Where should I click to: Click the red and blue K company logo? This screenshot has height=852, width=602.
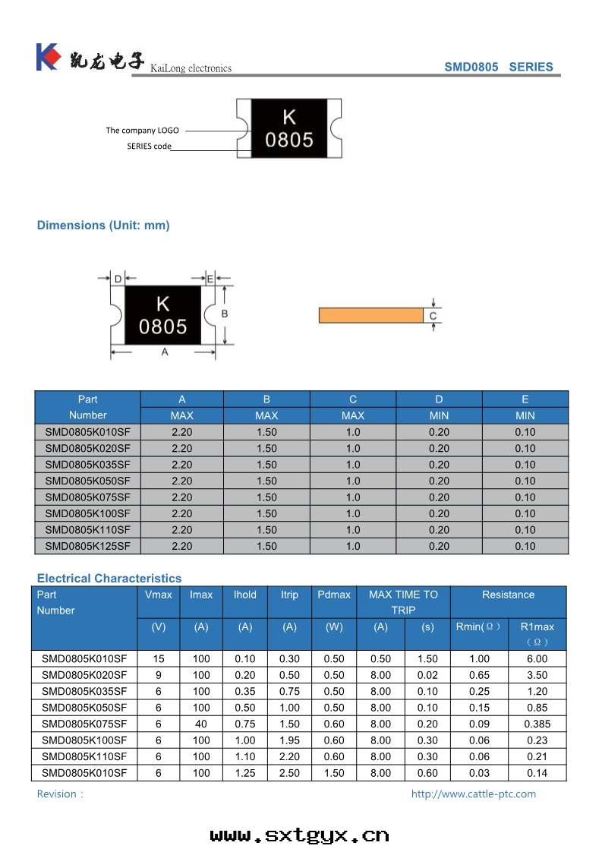pyautogui.click(x=47, y=57)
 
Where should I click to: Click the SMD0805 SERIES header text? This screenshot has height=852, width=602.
pyautogui.click(x=498, y=67)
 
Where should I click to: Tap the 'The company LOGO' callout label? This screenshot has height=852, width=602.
pyautogui.click(x=142, y=130)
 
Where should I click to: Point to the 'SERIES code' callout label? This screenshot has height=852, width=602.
pyautogui.click(x=149, y=146)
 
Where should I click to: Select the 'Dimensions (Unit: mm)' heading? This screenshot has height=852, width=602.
pyautogui.click(x=103, y=225)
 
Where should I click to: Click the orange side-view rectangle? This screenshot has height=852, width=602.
pyautogui.click(x=370, y=315)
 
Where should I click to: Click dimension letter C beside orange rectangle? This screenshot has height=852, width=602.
pyautogui.click(x=433, y=316)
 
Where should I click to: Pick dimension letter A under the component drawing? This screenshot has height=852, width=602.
pyautogui.click(x=164, y=352)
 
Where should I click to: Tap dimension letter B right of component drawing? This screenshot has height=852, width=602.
pyautogui.click(x=225, y=314)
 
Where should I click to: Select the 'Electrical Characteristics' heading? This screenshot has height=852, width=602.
pyautogui.click(x=109, y=579)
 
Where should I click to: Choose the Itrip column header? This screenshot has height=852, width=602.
pyautogui.click(x=289, y=595)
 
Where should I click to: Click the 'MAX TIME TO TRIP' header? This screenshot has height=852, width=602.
pyautogui.click(x=403, y=602)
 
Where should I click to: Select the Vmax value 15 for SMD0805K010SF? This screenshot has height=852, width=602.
pyautogui.click(x=158, y=659)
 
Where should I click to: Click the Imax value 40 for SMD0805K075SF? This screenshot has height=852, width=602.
pyautogui.click(x=201, y=724)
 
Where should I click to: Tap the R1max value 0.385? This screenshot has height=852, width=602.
pyautogui.click(x=537, y=724)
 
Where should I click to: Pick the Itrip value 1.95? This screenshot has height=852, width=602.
pyautogui.click(x=289, y=740)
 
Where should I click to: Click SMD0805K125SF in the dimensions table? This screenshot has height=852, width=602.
pyautogui.click(x=87, y=546)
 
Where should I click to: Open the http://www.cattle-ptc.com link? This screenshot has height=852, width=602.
pyautogui.click(x=473, y=794)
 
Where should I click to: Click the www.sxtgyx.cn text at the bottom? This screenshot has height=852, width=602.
pyautogui.click(x=299, y=835)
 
